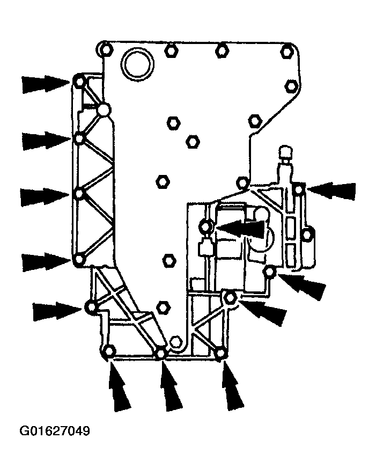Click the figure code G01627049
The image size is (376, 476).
(55, 431)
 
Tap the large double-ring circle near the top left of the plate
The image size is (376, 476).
(137, 64)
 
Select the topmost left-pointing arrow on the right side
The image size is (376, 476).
(331, 191)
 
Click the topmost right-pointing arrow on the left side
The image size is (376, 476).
(46, 84)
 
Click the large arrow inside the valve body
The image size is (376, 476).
(241, 228)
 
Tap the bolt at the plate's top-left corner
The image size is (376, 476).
(105, 49)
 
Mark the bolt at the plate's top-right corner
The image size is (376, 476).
(286, 52)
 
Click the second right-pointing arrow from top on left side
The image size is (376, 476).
(46, 141)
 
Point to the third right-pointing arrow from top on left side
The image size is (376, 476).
(45, 197)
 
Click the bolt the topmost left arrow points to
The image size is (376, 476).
(80, 82)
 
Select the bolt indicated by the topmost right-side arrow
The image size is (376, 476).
(299, 189)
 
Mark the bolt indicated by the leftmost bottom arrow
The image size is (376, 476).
(109, 351)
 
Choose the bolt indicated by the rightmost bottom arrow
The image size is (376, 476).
(221, 353)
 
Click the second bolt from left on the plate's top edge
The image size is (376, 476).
(172, 50)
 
